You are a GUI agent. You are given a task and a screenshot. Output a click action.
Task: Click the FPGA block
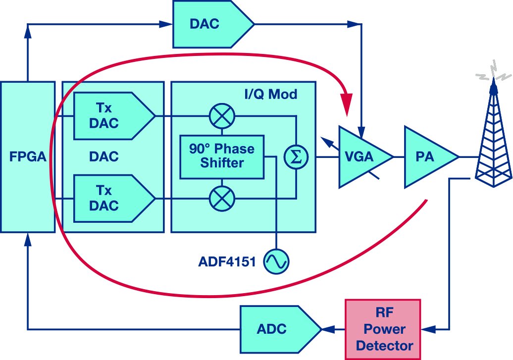tap(28, 157)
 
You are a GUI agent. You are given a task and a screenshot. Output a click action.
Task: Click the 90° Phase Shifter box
tap(221, 156)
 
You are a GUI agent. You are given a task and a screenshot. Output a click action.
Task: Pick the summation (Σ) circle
tap(296, 157)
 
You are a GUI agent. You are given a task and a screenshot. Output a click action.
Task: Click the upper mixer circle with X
tap(222, 116)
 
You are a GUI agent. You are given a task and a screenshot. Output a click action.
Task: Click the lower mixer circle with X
tap(222, 199)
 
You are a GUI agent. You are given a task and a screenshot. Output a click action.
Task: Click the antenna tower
tap(493, 139)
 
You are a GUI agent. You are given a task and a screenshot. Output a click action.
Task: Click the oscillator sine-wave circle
tap(276, 261)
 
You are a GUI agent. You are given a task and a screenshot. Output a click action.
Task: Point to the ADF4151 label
tap(227, 261)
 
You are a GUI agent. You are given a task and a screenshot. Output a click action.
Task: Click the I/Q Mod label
tap(271, 94)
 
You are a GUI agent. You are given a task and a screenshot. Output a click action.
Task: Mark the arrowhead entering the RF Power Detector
tap(428, 329)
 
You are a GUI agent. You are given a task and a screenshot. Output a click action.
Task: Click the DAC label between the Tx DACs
tap(104, 157)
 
